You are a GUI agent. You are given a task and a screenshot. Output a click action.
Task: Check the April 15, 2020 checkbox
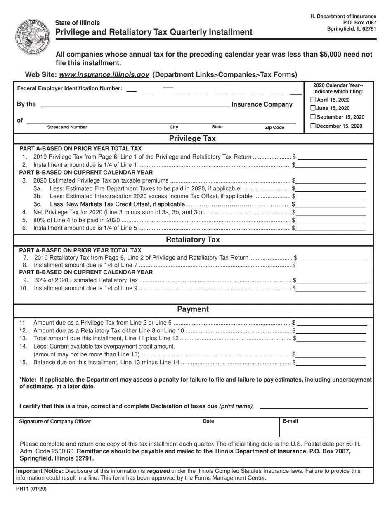tap(313, 100)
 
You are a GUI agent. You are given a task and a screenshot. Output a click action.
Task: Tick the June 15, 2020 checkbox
tap(313, 108)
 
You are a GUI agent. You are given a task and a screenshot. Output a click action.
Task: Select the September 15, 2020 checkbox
tap(313, 117)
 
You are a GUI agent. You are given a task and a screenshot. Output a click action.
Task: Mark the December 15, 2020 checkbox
tap(313, 126)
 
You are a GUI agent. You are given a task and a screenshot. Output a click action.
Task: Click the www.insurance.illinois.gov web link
tap(104, 75)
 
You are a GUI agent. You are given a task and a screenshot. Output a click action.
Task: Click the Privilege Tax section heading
tap(192, 139)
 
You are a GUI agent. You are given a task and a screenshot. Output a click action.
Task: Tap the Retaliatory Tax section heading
tap(193, 240)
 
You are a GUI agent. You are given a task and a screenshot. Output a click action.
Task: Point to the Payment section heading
tap(193, 309)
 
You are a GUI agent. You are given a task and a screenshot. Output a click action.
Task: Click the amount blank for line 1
tap(332, 157)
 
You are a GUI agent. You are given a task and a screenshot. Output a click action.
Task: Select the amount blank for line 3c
tap(331, 204)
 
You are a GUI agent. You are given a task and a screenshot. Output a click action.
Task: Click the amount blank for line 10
tap(331, 289)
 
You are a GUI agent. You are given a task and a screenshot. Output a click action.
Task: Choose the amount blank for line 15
tap(331, 363)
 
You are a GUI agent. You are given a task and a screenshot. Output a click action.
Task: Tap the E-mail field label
tap(290, 421)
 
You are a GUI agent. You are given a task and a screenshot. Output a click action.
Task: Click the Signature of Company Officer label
tap(55, 422)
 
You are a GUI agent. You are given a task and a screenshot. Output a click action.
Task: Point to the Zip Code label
tap(274, 128)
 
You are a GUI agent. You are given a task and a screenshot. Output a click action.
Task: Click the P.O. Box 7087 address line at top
tap(359, 23)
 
